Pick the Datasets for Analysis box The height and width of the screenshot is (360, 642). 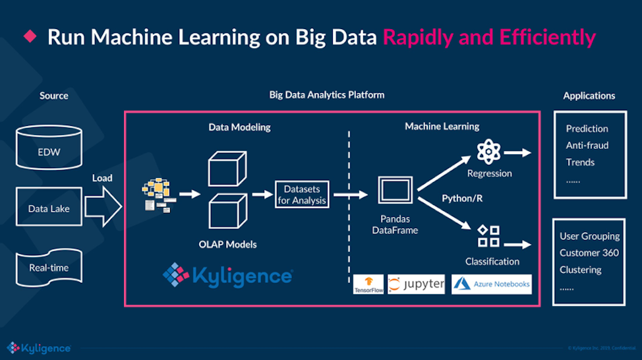301,195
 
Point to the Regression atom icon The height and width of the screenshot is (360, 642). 489,152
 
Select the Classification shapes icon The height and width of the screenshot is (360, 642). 488,237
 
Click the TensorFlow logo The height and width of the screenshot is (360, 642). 368,284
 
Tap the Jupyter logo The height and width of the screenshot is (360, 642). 416,284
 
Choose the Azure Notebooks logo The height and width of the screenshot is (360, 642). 492,284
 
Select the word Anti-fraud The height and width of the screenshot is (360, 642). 587,145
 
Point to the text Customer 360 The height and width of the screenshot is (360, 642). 589,253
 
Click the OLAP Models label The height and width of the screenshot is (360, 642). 227,244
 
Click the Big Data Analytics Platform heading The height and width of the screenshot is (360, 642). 326,95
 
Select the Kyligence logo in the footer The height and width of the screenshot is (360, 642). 38,347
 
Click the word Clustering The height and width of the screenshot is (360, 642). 580,270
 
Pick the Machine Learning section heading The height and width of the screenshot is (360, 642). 442,126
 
